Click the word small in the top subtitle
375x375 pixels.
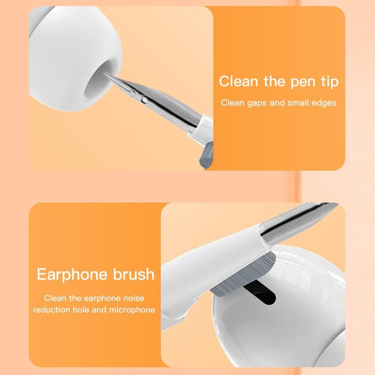(x=298, y=103)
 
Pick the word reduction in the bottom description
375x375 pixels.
(x=51, y=310)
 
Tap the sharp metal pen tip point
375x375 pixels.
(x=106, y=74)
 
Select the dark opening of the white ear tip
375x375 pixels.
(x=96, y=86)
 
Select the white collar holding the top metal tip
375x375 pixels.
(x=202, y=129)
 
